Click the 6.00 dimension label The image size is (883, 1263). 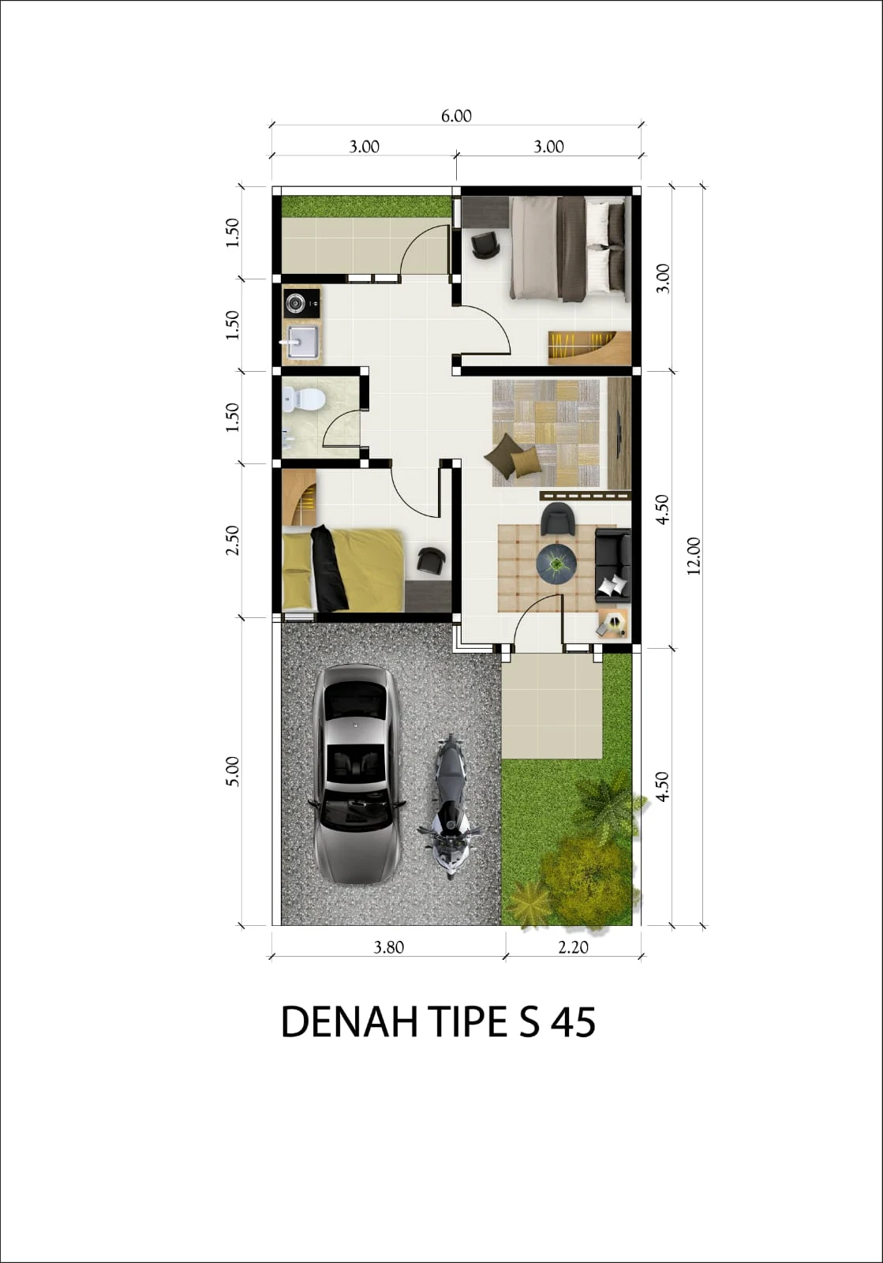click(x=456, y=115)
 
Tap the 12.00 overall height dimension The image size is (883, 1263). click(x=694, y=556)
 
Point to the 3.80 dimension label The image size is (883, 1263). click(x=389, y=947)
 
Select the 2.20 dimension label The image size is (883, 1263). click(x=573, y=947)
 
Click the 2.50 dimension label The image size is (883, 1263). click(x=232, y=540)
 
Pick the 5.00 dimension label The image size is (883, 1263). click(x=232, y=771)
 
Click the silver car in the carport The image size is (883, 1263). click(x=356, y=774)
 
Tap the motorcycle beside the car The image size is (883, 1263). click(x=450, y=806)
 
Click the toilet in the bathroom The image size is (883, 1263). click(x=304, y=399)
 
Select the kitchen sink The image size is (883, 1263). click(x=302, y=342)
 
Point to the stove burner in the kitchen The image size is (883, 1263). click(x=295, y=304)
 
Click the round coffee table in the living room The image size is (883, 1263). click(x=556, y=563)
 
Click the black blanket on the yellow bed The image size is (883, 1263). click(x=328, y=568)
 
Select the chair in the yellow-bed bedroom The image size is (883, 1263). click(x=431, y=561)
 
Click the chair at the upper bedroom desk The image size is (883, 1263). click(x=485, y=245)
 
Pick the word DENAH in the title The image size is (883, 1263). click(x=350, y=1021)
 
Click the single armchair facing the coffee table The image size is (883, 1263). click(x=557, y=519)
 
